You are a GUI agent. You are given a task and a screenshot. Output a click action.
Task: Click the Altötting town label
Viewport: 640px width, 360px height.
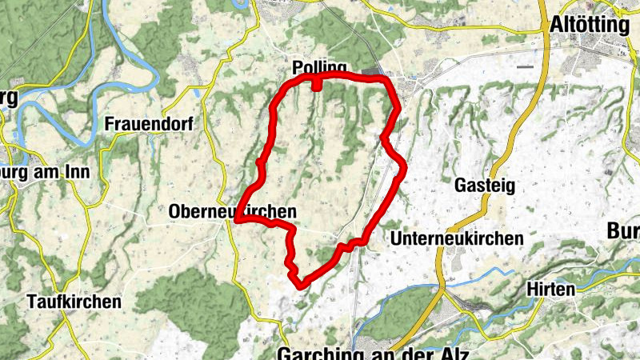590,25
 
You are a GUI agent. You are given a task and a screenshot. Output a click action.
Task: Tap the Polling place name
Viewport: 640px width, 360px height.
319,67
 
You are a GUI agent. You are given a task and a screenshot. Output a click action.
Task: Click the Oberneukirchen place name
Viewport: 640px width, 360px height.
233,211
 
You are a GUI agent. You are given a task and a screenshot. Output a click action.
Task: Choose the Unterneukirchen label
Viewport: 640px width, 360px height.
457,238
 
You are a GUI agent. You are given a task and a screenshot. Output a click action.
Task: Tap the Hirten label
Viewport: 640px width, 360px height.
551,289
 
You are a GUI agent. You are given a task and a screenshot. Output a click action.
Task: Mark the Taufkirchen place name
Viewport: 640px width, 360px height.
74,302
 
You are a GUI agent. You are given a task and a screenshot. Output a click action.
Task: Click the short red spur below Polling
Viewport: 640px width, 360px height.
317,83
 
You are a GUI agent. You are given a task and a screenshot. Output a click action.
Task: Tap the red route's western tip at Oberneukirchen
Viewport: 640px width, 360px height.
238,220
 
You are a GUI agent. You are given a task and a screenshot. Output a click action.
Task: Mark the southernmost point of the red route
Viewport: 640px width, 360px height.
300,284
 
